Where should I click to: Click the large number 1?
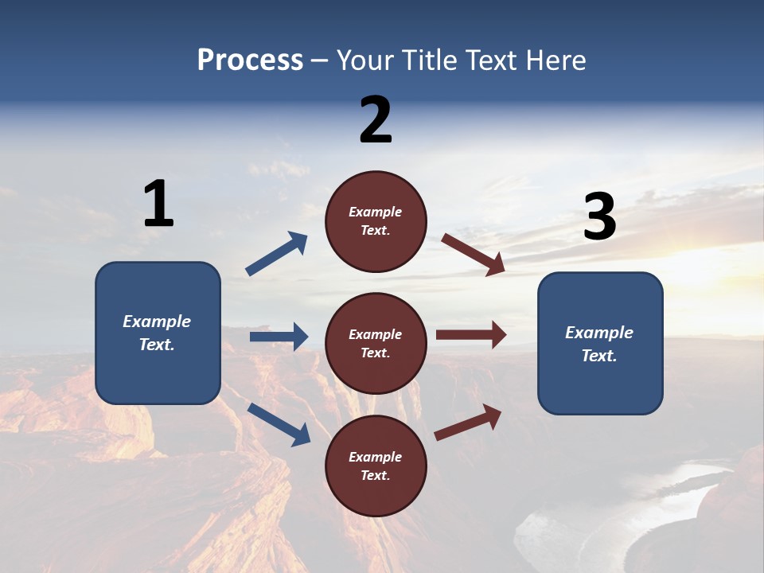click(x=158, y=204)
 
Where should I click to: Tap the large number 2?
click(x=376, y=120)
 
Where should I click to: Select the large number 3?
click(x=600, y=217)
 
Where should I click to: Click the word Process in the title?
click(x=250, y=60)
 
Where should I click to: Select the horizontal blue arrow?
click(x=279, y=337)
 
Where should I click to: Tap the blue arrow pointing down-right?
click(x=279, y=423)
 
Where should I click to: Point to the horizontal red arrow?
click(x=471, y=335)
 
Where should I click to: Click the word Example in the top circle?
click(x=376, y=212)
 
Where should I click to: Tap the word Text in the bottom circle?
click(x=374, y=476)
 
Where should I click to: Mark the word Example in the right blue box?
click(x=599, y=333)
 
